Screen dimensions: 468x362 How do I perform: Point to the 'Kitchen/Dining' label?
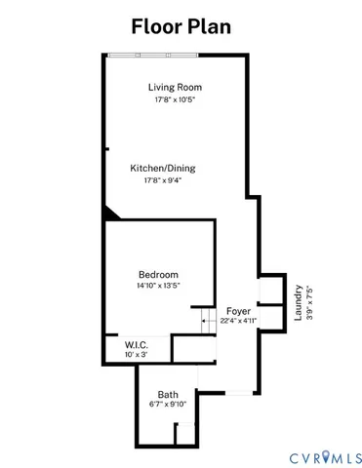tap(162, 168)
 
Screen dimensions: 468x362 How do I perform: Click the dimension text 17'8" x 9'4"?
tap(162, 180)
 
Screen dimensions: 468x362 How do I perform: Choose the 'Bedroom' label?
tap(159, 275)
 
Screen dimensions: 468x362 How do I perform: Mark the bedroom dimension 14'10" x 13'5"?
tap(159, 287)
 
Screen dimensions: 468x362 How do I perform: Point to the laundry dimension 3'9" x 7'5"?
tap(309, 302)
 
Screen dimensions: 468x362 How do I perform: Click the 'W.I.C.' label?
tap(137, 344)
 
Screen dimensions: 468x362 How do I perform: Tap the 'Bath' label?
tap(169, 395)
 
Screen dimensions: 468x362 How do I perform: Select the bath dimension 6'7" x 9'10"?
tap(169, 406)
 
